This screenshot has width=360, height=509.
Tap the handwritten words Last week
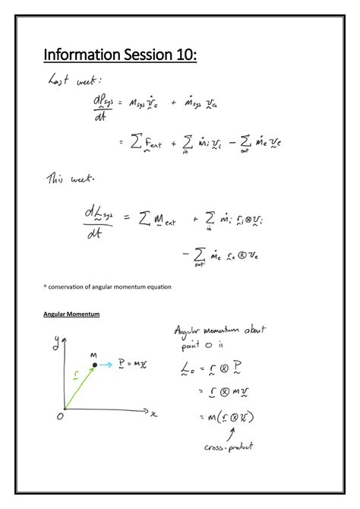click(x=74, y=80)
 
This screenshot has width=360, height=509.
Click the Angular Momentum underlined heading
click(x=71, y=314)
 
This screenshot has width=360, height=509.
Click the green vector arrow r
click(x=78, y=389)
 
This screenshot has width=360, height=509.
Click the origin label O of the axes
click(x=60, y=417)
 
